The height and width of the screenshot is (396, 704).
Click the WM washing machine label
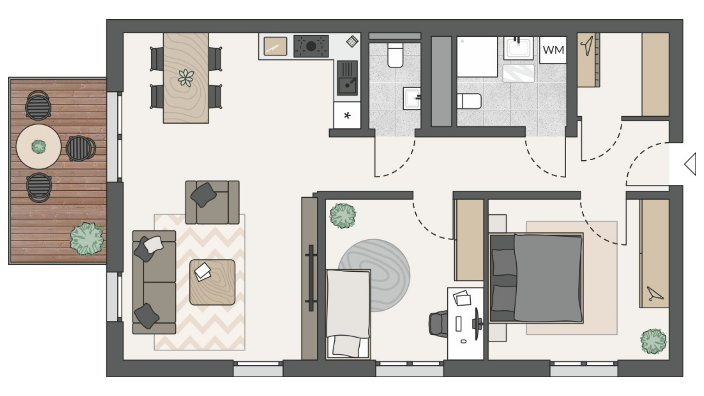click(x=553, y=49)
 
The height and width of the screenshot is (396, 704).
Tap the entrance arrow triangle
click(x=690, y=164)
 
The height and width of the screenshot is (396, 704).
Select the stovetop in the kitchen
click(x=311, y=46)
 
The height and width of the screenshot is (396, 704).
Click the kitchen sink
click(x=347, y=78)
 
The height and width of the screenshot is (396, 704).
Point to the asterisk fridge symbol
click(x=347, y=116)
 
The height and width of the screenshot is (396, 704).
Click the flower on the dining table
click(x=186, y=78)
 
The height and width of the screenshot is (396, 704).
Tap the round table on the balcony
click(x=38, y=147)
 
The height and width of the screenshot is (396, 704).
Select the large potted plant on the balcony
click(x=87, y=239)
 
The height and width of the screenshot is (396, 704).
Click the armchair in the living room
click(x=212, y=202)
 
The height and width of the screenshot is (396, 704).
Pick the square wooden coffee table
click(x=212, y=282)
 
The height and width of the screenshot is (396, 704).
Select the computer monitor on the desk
click(x=477, y=323)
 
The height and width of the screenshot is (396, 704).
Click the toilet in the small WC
click(x=395, y=55)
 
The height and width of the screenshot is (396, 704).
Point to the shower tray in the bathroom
click(x=477, y=57)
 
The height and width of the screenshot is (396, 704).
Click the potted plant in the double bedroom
click(x=653, y=341)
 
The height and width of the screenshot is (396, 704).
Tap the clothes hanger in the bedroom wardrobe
click(x=654, y=294)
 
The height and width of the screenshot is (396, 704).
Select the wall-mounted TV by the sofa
click(x=311, y=278)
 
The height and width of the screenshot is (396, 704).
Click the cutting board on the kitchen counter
click(x=275, y=46)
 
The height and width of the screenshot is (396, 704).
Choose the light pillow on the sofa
click(x=153, y=244)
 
